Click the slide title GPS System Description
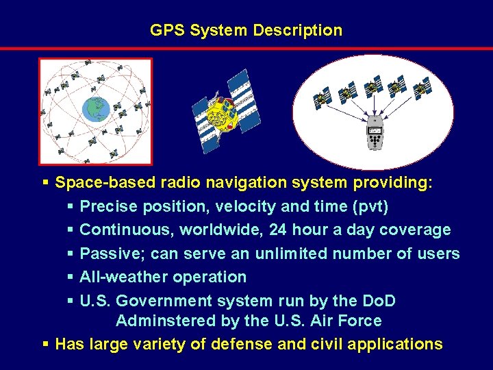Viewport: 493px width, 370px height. tap(246, 30)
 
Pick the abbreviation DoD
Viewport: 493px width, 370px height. tap(379, 301)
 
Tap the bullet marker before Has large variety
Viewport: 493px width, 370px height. tap(45, 344)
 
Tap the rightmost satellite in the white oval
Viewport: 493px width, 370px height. tap(422, 88)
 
